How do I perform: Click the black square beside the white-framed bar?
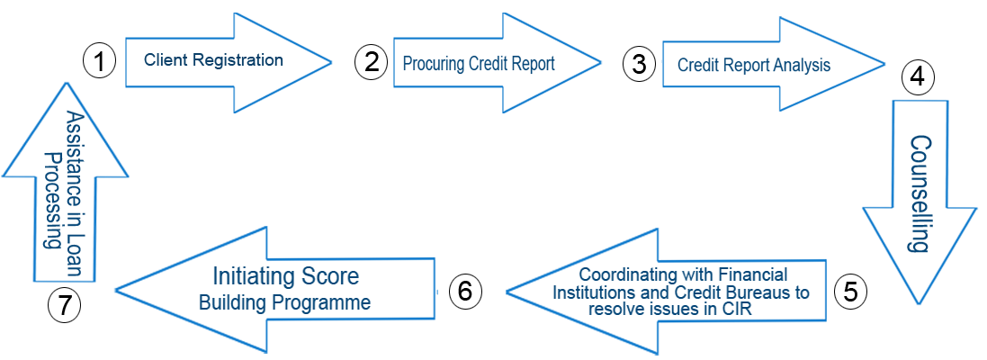coord(99,61)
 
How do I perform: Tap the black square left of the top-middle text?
coord(371,62)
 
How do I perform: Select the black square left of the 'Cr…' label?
coord(639,64)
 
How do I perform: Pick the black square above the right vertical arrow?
coord(918,77)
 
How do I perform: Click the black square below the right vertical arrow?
coord(850,292)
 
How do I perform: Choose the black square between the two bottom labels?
coord(465,291)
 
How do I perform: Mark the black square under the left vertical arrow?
coord(64,305)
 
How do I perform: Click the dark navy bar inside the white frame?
coord(213,61)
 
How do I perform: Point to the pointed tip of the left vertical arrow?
coord(65,107)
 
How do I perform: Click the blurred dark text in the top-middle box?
coord(481,63)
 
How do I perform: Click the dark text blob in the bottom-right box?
coord(679,289)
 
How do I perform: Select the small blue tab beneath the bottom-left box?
coord(236,342)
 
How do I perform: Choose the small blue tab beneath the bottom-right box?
coord(625,343)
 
